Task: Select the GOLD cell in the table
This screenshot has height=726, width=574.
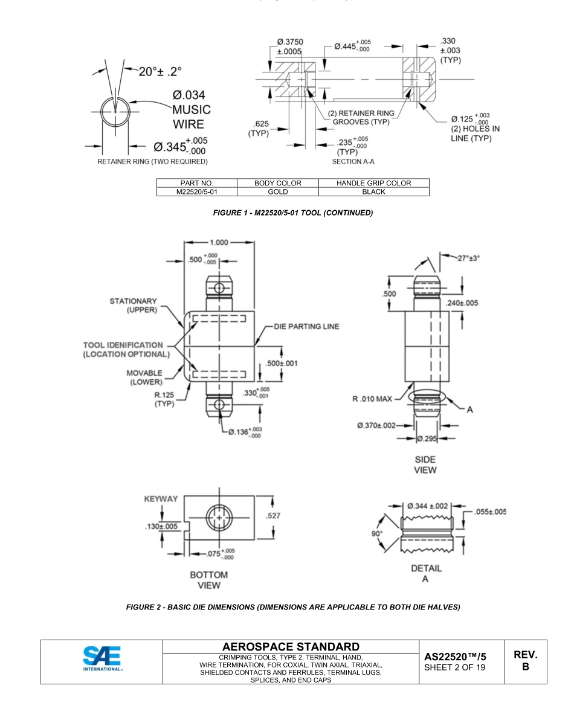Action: point(278,191)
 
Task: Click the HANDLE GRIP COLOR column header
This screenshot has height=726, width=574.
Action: point(373,182)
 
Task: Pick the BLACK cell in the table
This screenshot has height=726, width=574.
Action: point(373,191)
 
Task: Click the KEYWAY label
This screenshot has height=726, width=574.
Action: point(161,499)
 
